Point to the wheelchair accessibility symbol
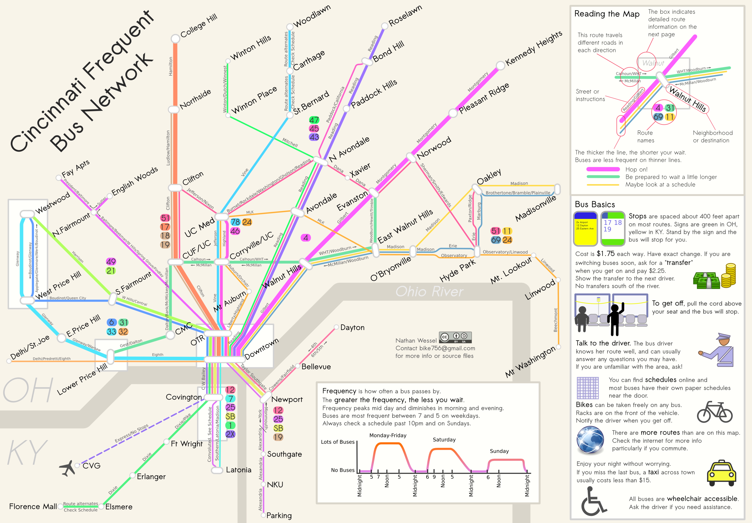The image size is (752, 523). (x=593, y=501)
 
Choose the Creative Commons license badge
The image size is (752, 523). (x=455, y=337)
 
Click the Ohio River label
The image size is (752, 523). (x=429, y=291)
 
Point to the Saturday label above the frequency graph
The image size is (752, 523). (x=444, y=439)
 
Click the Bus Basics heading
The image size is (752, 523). (x=595, y=205)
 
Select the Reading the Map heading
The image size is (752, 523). (x=607, y=14)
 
